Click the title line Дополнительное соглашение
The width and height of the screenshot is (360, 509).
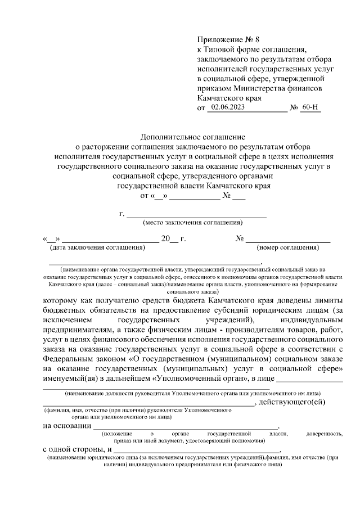coord(193,137)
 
